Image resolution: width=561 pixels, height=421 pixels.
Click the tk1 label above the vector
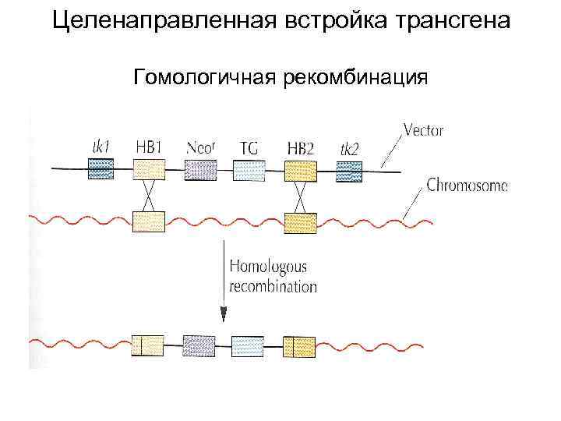coord(100,147)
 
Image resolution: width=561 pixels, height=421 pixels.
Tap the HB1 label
coord(149,147)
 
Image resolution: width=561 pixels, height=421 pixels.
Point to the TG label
coord(249,147)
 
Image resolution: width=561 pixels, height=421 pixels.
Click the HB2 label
coord(300,147)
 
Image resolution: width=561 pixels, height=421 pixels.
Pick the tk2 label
coord(349,148)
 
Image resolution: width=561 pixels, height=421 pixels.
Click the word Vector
coord(423,130)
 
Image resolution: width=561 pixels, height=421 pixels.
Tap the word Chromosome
coord(467,186)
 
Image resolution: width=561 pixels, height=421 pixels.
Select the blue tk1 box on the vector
coord(100,169)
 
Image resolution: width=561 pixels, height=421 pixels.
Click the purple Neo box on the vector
coord(200,170)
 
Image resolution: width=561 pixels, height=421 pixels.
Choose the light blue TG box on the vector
coord(249,170)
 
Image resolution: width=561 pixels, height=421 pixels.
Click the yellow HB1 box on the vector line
coord(149,170)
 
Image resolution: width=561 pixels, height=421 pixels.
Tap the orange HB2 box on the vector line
coord(300,170)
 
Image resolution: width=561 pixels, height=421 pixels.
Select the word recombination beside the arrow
coord(273,286)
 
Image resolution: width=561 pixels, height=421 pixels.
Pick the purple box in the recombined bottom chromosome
coord(199,345)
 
